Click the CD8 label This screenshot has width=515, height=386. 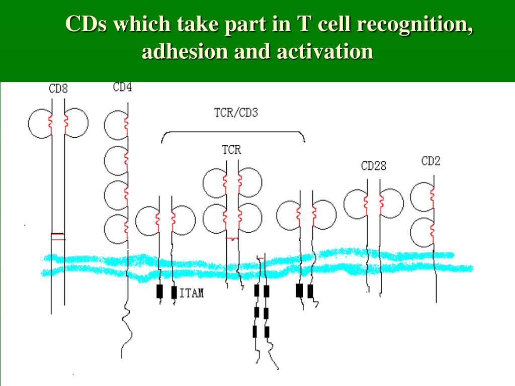[x=58, y=89]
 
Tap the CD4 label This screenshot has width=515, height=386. [x=123, y=87]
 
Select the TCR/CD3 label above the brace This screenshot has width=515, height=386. [x=232, y=113]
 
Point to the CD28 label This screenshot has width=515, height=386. [x=374, y=165]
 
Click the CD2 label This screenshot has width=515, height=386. [x=431, y=162]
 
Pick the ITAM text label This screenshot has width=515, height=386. [x=192, y=293]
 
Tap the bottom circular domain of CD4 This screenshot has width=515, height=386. [x=115, y=228]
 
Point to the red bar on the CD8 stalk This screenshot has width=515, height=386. [x=58, y=234]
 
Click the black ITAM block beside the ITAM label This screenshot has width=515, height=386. [x=174, y=292]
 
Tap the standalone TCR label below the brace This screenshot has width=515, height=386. [x=231, y=149]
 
